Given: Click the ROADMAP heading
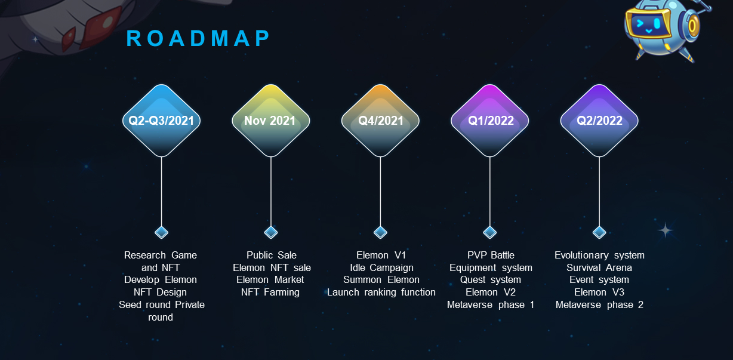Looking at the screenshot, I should pyautogui.click(x=199, y=39).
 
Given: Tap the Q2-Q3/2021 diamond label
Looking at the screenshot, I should pyautogui.click(x=161, y=121).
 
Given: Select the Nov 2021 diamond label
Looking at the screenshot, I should pyautogui.click(x=270, y=121).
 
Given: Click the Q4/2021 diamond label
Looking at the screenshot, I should pyautogui.click(x=380, y=121).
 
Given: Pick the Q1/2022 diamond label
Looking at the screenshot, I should pyautogui.click(x=489, y=121).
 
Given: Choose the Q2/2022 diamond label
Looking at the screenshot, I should pyautogui.click(x=599, y=121).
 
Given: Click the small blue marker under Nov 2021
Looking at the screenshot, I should pyautogui.click(x=271, y=232).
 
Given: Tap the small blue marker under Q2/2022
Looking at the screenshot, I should pyautogui.click(x=599, y=232).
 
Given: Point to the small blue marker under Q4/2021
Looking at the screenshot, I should pyautogui.click(x=380, y=232).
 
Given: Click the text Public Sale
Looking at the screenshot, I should pyautogui.click(x=272, y=255).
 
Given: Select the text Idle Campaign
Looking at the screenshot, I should pyautogui.click(x=381, y=267).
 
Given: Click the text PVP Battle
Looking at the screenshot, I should pyautogui.click(x=491, y=255).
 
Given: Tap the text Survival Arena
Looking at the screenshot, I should pyautogui.click(x=599, y=267).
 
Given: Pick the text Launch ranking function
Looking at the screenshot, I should pyautogui.click(x=381, y=292).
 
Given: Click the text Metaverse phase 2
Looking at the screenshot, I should pyautogui.click(x=599, y=304).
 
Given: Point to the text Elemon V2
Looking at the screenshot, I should pyautogui.click(x=491, y=292).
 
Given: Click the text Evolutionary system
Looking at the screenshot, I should pyautogui.click(x=599, y=255).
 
